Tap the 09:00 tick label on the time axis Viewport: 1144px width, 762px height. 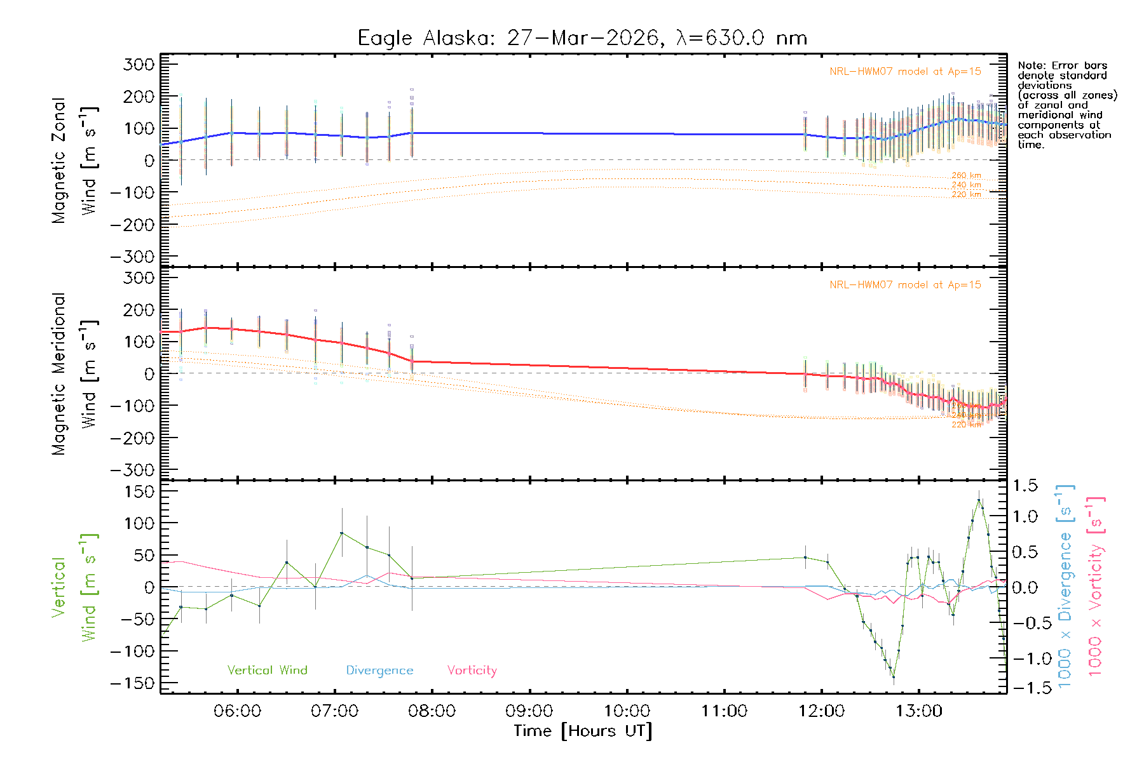(x=529, y=711)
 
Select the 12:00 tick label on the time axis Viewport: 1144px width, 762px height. (x=821, y=711)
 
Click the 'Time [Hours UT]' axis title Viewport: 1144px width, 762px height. (x=582, y=731)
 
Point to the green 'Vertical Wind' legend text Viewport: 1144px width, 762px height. (x=267, y=670)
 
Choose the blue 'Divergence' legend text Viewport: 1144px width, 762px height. (x=379, y=670)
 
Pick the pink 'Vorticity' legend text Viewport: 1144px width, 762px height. (x=472, y=670)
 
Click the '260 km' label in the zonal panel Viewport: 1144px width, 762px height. (x=966, y=175)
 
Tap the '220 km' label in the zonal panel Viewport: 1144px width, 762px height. (x=966, y=194)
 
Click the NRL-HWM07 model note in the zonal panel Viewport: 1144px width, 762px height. (x=905, y=72)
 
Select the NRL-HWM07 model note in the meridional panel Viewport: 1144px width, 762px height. (x=905, y=285)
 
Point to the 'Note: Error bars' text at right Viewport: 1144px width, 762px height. (x=1062, y=65)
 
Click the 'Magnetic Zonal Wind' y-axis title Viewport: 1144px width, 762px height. (x=74, y=161)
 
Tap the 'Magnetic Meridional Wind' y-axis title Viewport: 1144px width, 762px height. (x=74, y=374)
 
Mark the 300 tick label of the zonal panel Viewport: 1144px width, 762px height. (x=139, y=64)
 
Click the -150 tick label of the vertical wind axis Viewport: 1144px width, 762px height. (x=132, y=683)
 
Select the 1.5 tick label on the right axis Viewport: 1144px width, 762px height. (x=1025, y=486)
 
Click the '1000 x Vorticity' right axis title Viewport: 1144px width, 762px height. (x=1095, y=585)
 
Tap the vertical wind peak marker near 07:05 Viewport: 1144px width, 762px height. (x=342, y=533)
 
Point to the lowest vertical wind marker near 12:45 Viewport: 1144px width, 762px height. (x=894, y=677)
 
